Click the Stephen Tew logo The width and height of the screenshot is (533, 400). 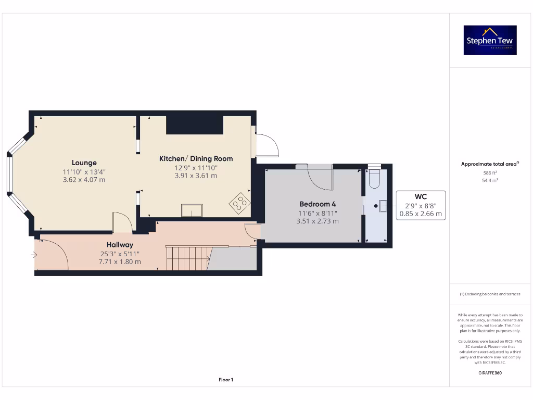coord(490,41)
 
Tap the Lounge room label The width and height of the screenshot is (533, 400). coord(84,162)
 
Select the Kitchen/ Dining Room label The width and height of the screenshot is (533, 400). coord(196,158)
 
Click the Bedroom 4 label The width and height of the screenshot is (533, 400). coord(317,204)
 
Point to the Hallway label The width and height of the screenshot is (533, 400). coord(120,244)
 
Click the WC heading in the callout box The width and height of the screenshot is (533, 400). coord(421,196)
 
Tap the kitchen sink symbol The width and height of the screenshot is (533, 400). coord(192,210)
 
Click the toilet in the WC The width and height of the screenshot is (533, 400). coord(374,179)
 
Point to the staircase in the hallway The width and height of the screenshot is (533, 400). coord(188,258)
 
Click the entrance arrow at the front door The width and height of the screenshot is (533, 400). coord(34,255)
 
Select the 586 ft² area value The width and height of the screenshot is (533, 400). coord(490,172)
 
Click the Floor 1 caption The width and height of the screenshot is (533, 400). coord(226,380)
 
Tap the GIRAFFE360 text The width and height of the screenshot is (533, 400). coord(489,373)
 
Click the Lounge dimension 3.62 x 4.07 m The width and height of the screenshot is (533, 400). coord(84,180)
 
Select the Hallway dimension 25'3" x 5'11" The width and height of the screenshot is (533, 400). coord(120,254)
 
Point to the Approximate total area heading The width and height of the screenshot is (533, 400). coord(489,164)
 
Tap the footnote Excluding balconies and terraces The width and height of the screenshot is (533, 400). coord(489,294)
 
